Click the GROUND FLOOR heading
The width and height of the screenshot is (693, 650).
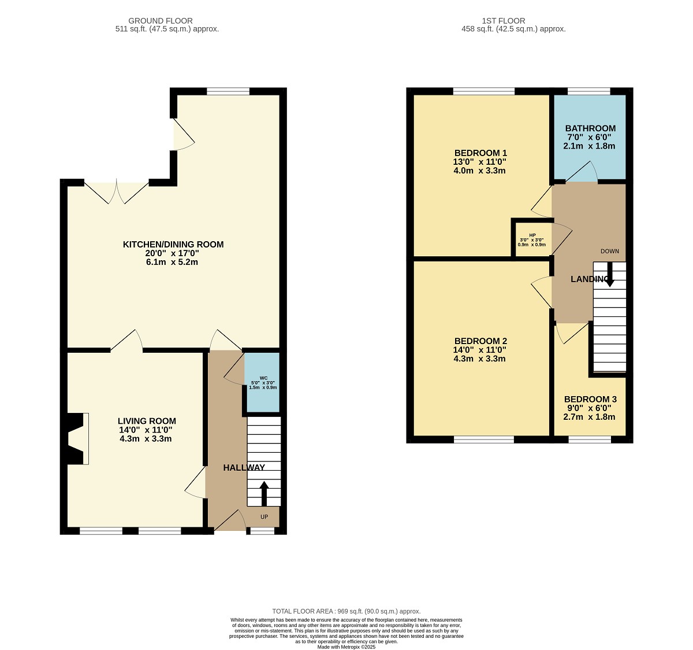pos(161,21)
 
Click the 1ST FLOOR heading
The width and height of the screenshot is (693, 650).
pos(504,21)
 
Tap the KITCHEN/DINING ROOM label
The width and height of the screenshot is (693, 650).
pos(173,244)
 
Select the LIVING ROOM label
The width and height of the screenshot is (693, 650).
pos(147,421)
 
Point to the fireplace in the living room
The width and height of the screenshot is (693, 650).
pos(77,438)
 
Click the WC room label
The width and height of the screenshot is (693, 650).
pos(263,378)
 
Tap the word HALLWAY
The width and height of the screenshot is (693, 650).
pos(244,468)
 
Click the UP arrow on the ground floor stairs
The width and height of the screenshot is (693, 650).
pos(264,493)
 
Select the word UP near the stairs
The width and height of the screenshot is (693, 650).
pos(264,516)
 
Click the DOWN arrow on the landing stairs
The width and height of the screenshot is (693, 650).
pos(610,274)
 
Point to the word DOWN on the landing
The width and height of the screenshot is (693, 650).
pos(610,251)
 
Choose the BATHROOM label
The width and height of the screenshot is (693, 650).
pos(590,128)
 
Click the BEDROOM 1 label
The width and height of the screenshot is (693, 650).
pos(480,153)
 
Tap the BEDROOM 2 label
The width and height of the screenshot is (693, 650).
pos(480,341)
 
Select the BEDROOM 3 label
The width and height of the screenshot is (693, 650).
pos(590,399)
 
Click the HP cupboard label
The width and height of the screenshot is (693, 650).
pos(532,235)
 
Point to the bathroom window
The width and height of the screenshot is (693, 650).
pos(589,91)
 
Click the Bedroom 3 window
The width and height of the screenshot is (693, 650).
pos(590,440)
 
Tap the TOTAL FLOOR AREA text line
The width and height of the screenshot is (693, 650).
pos(346,611)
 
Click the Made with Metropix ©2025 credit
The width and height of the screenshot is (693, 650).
pos(346,647)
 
